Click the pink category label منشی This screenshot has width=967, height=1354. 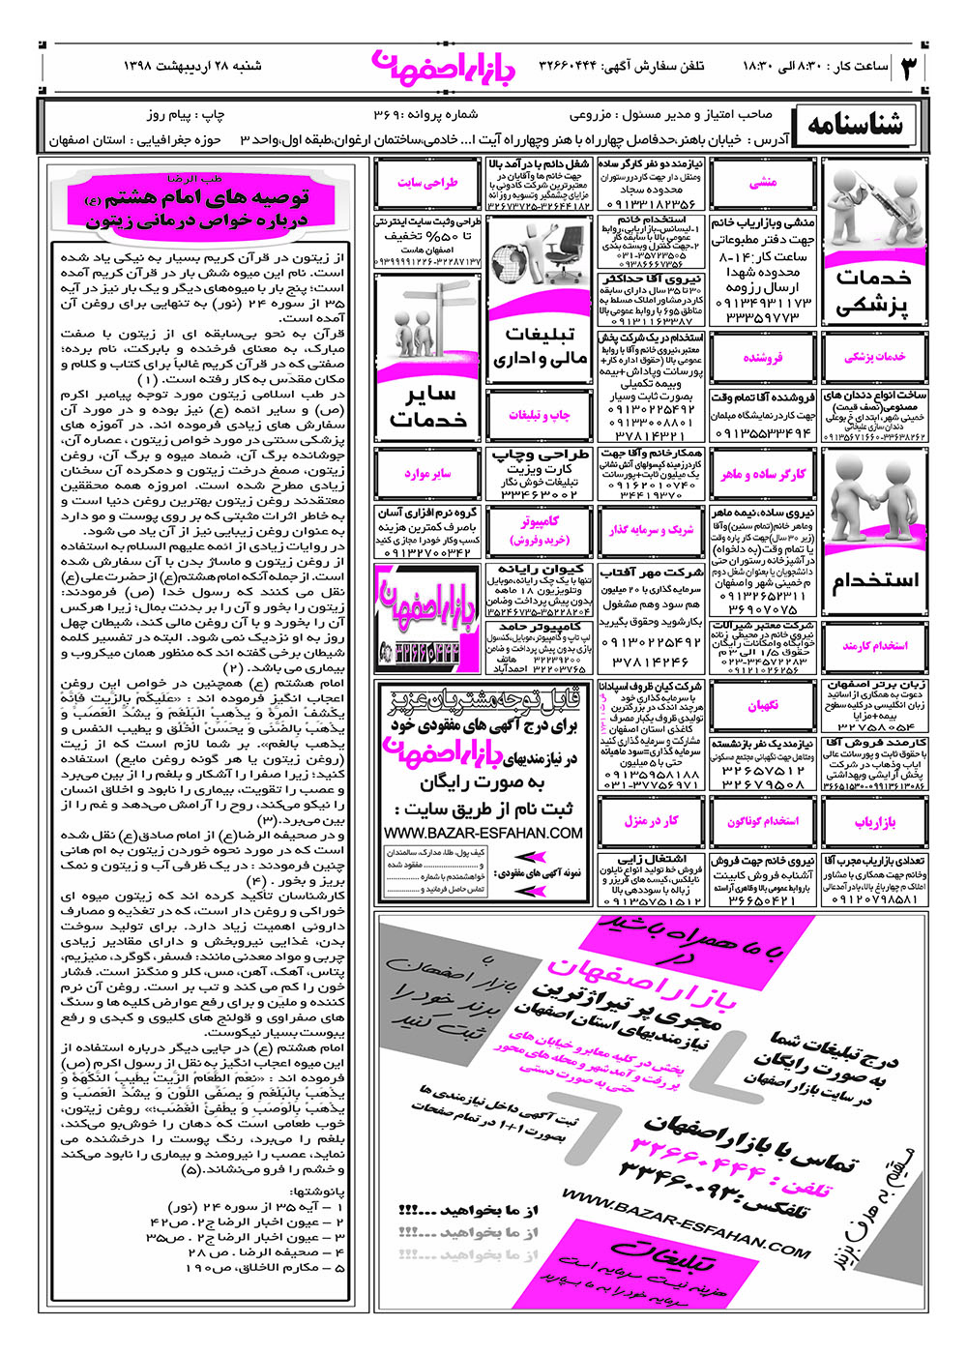point(764,182)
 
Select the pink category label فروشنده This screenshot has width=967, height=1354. point(764,357)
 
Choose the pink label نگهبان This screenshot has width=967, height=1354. point(764,706)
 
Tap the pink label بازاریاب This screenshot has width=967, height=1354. point(876,822)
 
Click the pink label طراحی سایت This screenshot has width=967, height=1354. point(427,182)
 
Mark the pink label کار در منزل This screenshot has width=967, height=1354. point(651,821)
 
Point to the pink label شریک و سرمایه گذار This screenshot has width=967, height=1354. point(651,530)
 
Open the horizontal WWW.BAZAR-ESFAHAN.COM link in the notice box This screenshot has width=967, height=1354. point(483,833)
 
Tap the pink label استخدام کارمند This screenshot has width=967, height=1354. point(876,646)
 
